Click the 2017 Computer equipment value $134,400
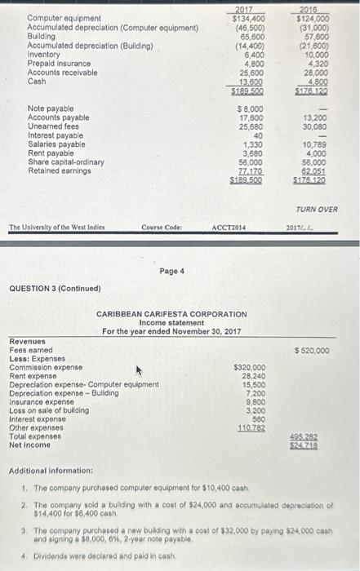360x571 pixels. click(247, 18)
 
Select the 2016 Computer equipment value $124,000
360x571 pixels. click(313, 18)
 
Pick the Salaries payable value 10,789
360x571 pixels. click(314, 144)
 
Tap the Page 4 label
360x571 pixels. click(172, 270)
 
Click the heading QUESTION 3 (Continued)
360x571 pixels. click(56, 288)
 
